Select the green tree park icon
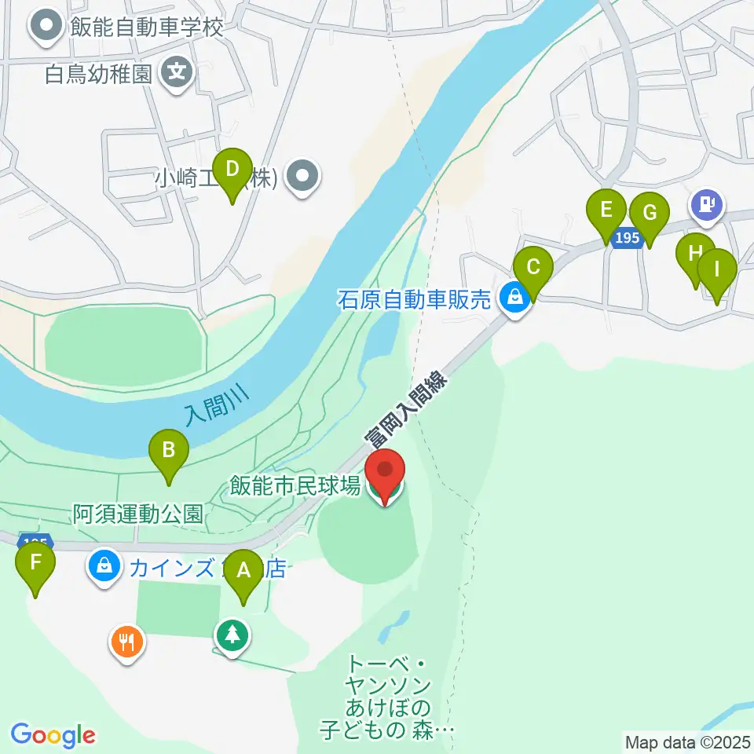232,635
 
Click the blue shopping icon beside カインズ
104,564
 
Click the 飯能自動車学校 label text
146,28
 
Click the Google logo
53,735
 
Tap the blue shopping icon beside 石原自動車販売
515,298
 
